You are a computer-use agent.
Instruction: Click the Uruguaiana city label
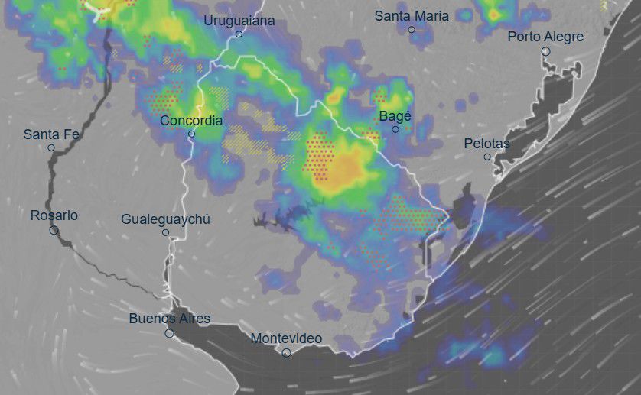pyautogui.click(x=239, y=21)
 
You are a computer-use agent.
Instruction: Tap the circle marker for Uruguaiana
pyautogui.click(x=239, y=34)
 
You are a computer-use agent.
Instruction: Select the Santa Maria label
pyautogui.click(x=412, y=15)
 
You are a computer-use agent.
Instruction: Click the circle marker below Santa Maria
pyautogui.click(x=412, y=30)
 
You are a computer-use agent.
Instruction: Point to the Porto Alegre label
pyautogui.click(x=545, y=37)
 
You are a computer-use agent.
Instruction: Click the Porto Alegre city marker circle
pyautogui.click(x=545, y=51)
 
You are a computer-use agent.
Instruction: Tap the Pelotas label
pyautogui.click(x=486, y=144)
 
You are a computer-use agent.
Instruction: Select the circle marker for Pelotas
pyautogui.click(x=487, y=157)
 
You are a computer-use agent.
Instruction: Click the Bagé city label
pyautogui.click(x=395, y=116)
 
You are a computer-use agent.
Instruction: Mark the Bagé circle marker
pyautogui.click(x=395, y=129)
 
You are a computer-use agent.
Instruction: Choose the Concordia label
pyautogui.click(x=191, y=121)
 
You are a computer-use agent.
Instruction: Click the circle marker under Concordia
pyautogui.click(x=191, y=134)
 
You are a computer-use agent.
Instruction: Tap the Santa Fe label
pyautogui.click(x=51, y=134)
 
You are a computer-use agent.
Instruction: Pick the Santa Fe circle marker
pyautogui.click(x=51, y=147)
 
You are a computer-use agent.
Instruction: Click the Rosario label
pyautogui.click(x=54, y=215)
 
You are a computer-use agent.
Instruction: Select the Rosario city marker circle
pyautogui.click(x=54, y=229)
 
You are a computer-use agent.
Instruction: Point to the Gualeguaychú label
pyautogui.click(x=165, y=219)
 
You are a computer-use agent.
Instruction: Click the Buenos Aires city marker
pyautogui.click(x=169, y=332)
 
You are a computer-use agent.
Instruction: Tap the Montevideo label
pyautogui.click(x=286, y=338)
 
